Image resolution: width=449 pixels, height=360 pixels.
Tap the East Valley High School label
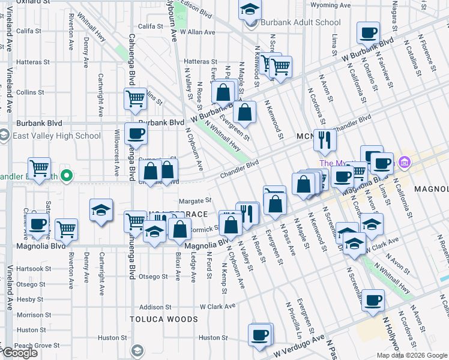click(56, 136)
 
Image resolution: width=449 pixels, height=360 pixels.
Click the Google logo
click(19, 353)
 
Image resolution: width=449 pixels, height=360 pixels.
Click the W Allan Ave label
click(197, 32)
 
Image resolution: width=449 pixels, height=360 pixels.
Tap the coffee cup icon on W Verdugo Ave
click(260, 334)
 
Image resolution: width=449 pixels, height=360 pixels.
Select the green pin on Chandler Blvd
click(67, 176)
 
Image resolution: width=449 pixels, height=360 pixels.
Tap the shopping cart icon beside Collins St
click(136, 98)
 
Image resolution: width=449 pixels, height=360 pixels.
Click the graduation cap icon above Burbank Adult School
click(250, 9)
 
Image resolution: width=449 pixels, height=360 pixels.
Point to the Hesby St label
click(28, 299)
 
